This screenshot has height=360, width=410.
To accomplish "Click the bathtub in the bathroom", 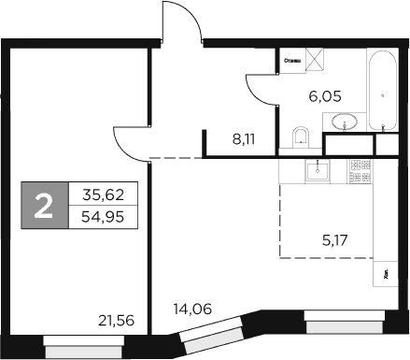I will (x=382, y=91).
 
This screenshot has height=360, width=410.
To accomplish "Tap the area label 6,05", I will (x=326, y=94).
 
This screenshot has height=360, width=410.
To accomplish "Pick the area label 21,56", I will (x=117, y=321).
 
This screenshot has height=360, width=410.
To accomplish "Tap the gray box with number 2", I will (x=44, y=207).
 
